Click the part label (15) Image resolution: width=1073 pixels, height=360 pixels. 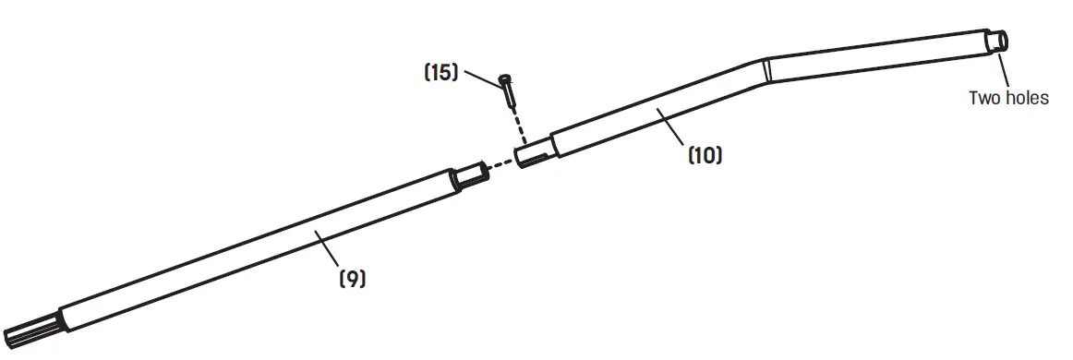(x=440, y=72)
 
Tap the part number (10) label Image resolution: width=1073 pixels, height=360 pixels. (x=705, y=155)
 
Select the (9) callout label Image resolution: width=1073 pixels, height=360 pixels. (x=352, y=277)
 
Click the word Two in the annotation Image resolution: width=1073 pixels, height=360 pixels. (x=985, y=97)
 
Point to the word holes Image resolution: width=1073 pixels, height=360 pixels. (x=1025, y=97)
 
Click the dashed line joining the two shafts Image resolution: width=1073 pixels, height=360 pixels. (x=500, y=165)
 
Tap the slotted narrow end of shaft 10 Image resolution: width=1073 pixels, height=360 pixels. (x=533, y=154)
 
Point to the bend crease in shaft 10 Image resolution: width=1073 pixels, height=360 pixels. (x=766, y=70)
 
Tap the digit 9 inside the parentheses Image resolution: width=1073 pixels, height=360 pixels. (x=352, y=277)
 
